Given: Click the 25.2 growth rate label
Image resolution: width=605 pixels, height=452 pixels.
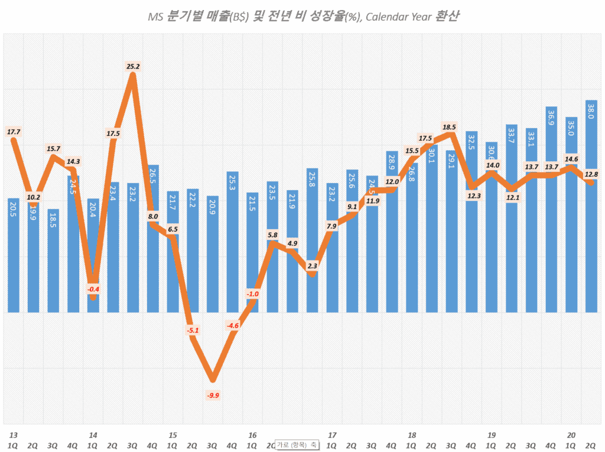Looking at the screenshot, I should pyautogui.click(x=133, y=67).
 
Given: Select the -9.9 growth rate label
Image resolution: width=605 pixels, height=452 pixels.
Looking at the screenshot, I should pyautogui.click(x=213, y=395).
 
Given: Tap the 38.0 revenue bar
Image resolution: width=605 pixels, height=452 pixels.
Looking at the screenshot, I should pyautogui.click(x=591, y=207).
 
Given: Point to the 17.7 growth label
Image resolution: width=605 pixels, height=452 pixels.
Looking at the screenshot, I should pyautogui.click(x=13, y=132).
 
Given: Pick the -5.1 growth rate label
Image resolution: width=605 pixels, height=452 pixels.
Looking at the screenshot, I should pyautogui.click(x=193, y=330).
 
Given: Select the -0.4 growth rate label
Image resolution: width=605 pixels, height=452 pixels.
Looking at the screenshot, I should pyautogui.click(x=93, y=289).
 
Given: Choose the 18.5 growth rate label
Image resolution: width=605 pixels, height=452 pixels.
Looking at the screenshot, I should pyautogui.click(x=450, y=127).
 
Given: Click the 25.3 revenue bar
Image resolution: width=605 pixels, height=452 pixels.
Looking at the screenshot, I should pyautogui.click(x=233, y=241).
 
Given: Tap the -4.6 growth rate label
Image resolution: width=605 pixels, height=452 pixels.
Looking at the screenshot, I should pyautogui.click(x=233, y=325).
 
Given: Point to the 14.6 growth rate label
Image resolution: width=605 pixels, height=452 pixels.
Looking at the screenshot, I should pyautogui.click(x=571, y=159).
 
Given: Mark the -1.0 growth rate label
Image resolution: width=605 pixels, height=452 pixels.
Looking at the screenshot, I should pyautogui.click(x=253, y=294).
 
